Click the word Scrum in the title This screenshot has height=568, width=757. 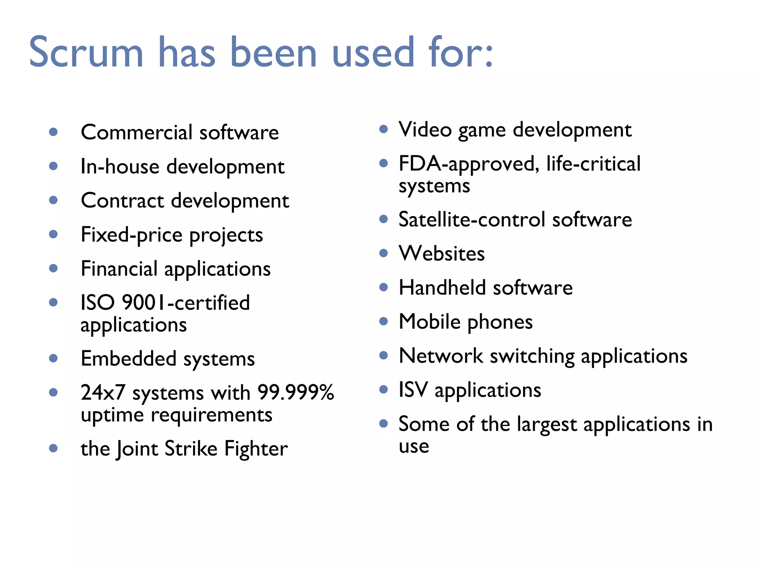86,53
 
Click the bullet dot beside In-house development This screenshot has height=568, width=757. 54,166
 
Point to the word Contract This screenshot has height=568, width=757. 122,201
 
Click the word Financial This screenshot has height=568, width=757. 119,269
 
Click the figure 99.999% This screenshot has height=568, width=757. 296,392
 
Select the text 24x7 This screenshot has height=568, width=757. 103,393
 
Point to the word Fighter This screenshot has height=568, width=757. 256,449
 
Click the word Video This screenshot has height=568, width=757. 425,130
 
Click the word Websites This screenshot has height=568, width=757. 442,254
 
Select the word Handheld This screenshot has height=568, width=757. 442,288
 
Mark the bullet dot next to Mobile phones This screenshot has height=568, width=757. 384,321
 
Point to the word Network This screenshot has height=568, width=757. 441,356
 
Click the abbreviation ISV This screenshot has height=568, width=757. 413,390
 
